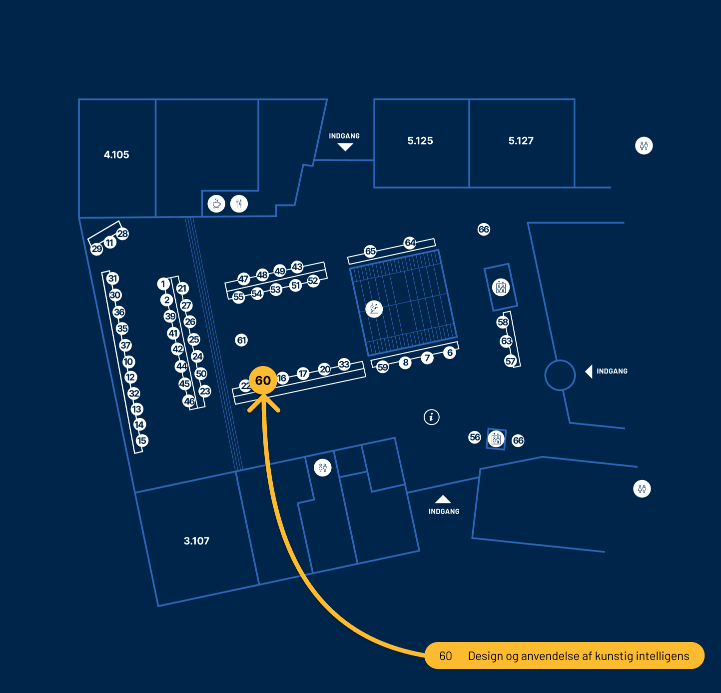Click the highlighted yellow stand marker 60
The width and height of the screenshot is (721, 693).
click(263, 380)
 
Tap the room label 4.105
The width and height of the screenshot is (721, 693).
click(116, 155)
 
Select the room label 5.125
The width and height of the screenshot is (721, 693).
click(420, 141)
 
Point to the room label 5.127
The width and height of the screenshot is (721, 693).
click(521, 141)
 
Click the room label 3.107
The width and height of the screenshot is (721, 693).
click(196, 541)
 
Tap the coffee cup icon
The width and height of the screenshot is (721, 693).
click(216, 203)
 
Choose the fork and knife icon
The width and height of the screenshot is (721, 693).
click(239, 203)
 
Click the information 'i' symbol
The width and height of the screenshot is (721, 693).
click(432, 416)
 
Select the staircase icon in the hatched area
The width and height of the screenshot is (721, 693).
click(374, 308)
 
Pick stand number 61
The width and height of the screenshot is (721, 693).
click(241, 340)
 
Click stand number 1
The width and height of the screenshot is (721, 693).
click(163, 284)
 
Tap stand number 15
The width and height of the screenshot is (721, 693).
click(142, 440)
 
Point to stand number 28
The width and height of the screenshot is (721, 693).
click(122, 233)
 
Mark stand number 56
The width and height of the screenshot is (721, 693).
click(475, 437)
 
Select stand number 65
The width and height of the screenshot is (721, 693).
click(370, 251)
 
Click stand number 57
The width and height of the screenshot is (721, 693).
click(510, 361)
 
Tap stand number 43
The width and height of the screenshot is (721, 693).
click(297, 266)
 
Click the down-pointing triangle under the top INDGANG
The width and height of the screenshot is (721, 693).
click(345, 147)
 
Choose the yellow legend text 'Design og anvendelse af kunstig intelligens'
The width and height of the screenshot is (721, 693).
click(578, 656)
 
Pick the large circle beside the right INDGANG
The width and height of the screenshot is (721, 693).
click(560, 375)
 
